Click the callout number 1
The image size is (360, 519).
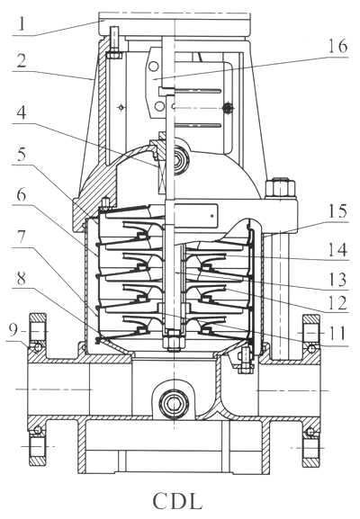point(22,23)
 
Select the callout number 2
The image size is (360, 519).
point(22,61)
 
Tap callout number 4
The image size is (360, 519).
point(22,112)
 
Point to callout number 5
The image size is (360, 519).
point(22,153)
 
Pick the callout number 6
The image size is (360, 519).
point(22,195)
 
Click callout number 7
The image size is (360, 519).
point(22,237)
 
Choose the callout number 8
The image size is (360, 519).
point(22,278)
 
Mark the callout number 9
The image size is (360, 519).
point(13,330)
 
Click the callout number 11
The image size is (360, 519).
point(337,333)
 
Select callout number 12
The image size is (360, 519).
point(337,302)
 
